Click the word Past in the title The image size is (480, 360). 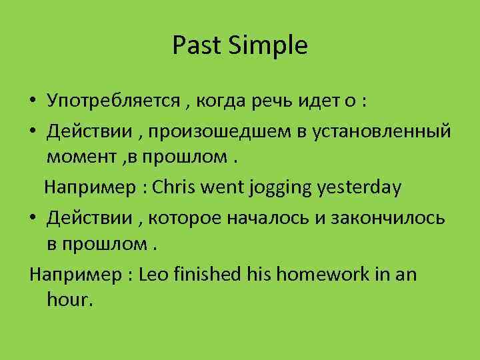[194, 46]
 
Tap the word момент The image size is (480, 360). [79, 159]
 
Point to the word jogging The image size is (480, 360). [279, 189]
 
